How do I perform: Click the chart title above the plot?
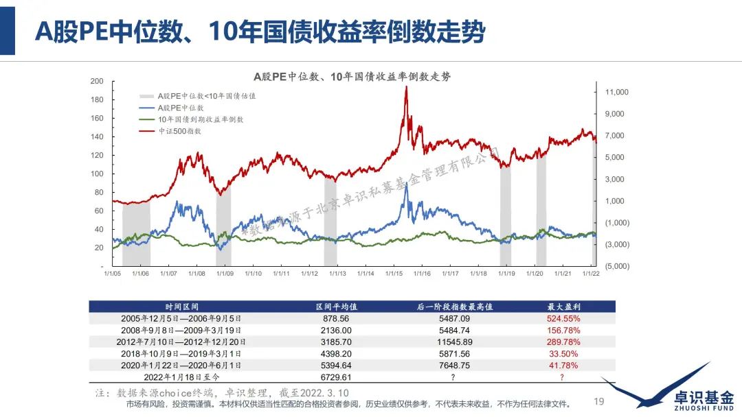352,76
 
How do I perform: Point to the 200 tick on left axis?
97,82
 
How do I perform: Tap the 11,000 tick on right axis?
617,92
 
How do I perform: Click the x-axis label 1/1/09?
225,273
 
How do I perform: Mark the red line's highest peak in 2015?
406,87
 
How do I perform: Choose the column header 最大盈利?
562,307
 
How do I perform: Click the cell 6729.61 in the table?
333,377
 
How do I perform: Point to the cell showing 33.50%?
562,353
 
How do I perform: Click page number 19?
598,401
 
